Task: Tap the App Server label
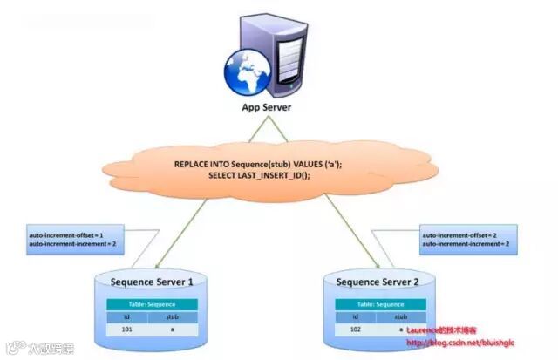266,108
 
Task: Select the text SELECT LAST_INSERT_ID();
259,175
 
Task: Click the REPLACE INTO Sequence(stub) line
260,163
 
